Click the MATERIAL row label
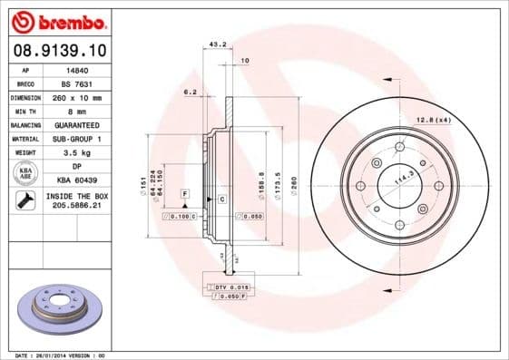(24, 139)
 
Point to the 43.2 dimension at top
(218, 44)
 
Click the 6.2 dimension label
(191, 92)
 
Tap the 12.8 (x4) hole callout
(434, 120)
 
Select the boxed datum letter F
(184, 194)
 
